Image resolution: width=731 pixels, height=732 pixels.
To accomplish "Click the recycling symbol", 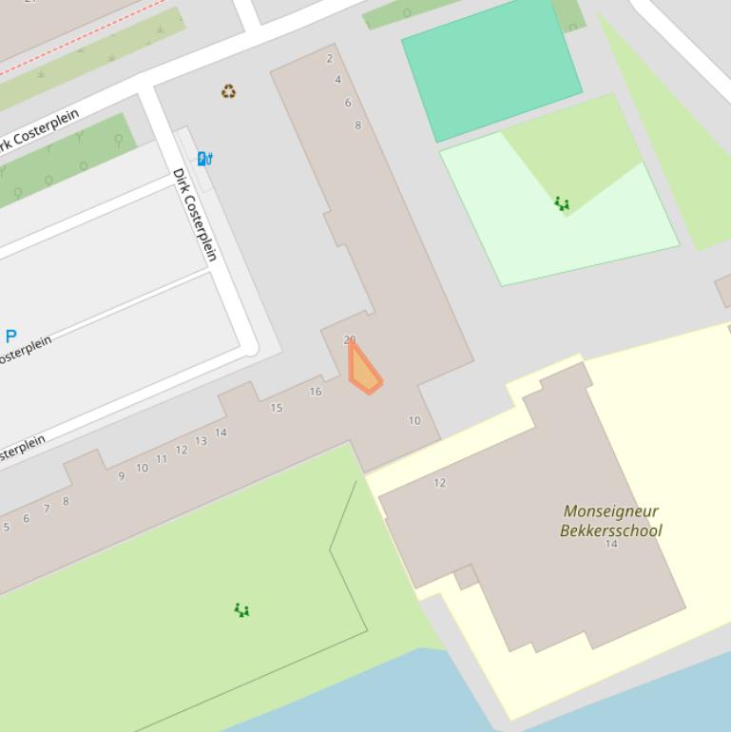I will tap(228, 92).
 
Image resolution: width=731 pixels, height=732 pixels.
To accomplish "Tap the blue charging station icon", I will tap(204, 159).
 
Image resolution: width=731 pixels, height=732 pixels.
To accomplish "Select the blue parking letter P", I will tap(11, 336).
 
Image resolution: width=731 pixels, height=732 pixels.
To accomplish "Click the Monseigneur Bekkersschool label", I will tap(610, 521).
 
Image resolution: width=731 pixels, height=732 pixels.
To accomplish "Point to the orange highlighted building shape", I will tap(364, 372).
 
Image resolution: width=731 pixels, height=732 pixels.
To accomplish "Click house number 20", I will tap(350, 339).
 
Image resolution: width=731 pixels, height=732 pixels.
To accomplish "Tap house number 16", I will tap(316, 391).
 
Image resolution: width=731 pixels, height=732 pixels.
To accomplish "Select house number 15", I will tap(277, 408).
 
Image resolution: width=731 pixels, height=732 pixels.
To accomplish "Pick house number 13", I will tap(201, 441).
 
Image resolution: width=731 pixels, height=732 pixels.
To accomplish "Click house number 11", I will tap(162, 458).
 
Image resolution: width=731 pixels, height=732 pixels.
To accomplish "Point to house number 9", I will tap(122, 476).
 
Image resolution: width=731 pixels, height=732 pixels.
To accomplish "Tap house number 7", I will tap(46, 510).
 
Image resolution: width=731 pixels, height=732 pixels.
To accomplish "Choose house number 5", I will tap(6, 527).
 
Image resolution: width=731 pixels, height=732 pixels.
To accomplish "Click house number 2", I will tap(330, 59).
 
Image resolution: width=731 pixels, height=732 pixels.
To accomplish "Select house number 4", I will tap(337, 80).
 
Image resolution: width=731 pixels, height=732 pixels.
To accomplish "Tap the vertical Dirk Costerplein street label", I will tap(195, 214).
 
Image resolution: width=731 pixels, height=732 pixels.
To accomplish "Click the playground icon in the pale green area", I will tap(562, 203).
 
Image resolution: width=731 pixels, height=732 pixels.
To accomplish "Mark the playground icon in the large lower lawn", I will tap(241, 609).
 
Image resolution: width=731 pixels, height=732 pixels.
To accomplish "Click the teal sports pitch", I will tap(491, 68).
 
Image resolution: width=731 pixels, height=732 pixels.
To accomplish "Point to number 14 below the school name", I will tap(611, 545).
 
